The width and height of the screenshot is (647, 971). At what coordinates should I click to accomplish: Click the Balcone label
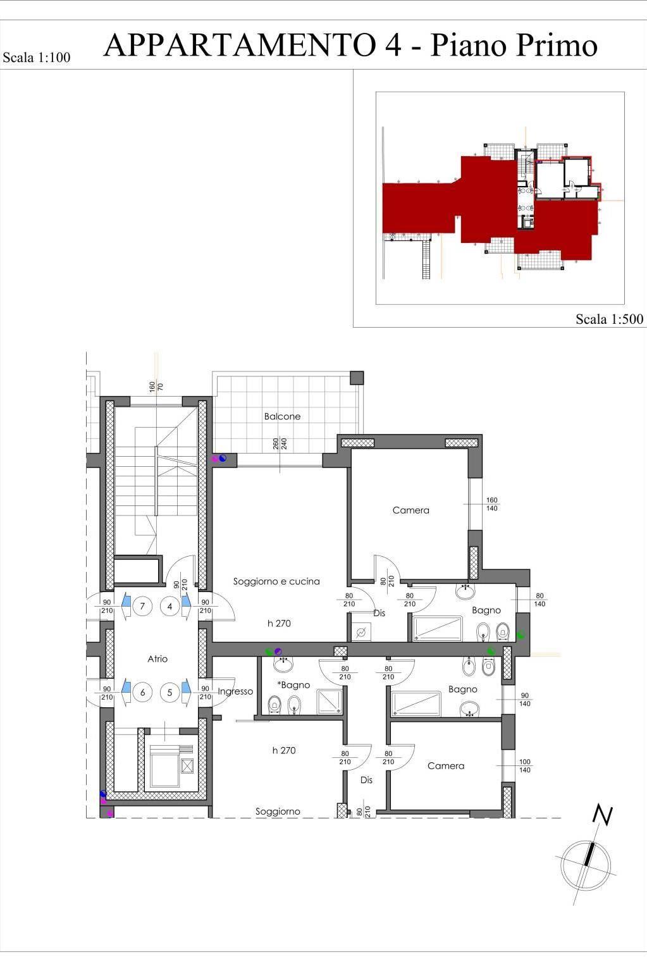tap(282, 416)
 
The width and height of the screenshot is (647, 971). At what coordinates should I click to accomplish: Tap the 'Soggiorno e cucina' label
tap(276, 581)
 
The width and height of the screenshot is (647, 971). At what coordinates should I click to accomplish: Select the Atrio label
tap(157, 659)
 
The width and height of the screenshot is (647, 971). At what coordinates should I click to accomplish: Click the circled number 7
tap(142, 606)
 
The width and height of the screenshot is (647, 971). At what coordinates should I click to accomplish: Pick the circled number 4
tap(169, 606)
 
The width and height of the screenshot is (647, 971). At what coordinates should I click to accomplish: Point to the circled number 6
tap(142, 692)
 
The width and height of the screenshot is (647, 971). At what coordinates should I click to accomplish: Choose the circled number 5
tap(169, 692)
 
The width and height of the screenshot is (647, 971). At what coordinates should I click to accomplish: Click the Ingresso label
tap(235, 692)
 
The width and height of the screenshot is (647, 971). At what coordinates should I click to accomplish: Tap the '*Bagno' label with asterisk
tap(294, 685)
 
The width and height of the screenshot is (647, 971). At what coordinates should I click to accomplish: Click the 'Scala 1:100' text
tap(37, 57)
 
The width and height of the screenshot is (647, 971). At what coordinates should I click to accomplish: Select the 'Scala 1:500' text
tap(609, 319)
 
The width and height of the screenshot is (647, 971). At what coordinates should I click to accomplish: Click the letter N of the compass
tap(603, 815)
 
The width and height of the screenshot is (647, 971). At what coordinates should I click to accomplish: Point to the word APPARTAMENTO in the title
tap(240, 45)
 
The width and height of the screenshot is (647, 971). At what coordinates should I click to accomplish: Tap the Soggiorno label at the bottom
tap(278, 812)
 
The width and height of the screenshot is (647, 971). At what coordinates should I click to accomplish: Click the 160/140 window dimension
tap(492, 504)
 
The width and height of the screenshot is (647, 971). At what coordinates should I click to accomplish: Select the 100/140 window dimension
tap(525, 766)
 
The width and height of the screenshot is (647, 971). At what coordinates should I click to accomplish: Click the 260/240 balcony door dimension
tap(280, 443)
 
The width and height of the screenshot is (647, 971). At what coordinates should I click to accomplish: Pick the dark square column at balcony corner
tap(357, 378)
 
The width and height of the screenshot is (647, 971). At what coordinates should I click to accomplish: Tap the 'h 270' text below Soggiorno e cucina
tap(279, 623)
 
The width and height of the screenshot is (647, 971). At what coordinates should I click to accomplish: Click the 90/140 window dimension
tap(525, 700)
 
